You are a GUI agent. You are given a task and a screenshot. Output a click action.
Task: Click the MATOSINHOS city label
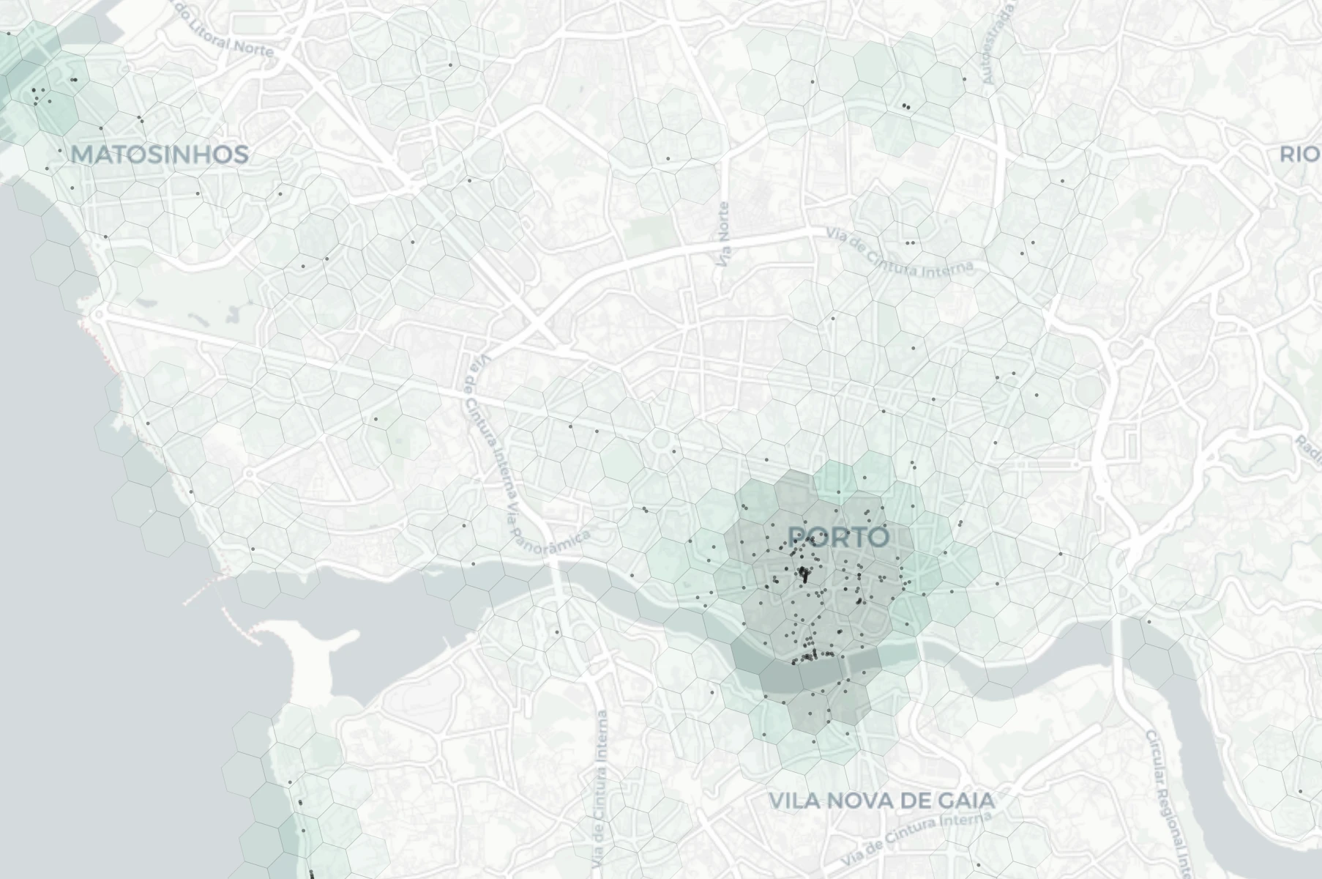click(x=160, y=155)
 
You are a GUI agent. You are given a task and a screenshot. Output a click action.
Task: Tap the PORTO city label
click(x=840, y=537)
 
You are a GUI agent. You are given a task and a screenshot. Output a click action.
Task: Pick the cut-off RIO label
click(x=1300, y=155)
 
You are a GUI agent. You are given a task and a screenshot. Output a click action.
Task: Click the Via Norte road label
click(x=725, y=234)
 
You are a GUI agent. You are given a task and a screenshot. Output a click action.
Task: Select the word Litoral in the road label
click(x=216, y=42)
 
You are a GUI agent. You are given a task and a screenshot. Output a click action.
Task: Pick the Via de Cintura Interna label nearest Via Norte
click(x=901, y=253)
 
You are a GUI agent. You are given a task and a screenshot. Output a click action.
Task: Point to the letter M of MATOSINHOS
click(x=83, y=155)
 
